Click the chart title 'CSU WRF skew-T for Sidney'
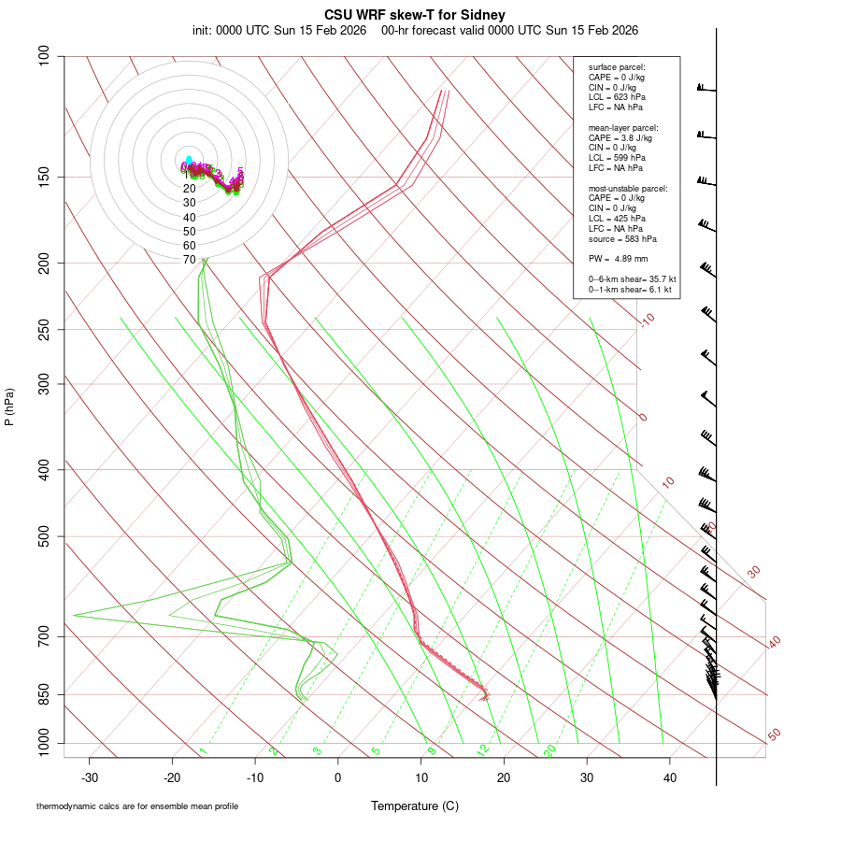pos(415,15)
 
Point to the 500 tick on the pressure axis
pos(44,536)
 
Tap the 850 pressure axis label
pos(44,694)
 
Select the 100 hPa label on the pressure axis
pos(44,56)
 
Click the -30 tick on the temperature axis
pos(90,777)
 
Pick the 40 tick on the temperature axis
pos(669,777)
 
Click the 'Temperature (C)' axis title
pos(414,805)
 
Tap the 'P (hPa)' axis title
pos(9,406)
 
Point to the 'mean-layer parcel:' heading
pos(622,127)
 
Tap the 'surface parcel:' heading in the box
pos(617,67)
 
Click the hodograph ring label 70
pos(190,260)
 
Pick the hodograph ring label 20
pos(190,188)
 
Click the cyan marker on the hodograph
pos(189,160)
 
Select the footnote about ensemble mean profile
pos(137,806)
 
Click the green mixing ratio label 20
pos(550,750)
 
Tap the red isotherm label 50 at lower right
pos(774,734)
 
